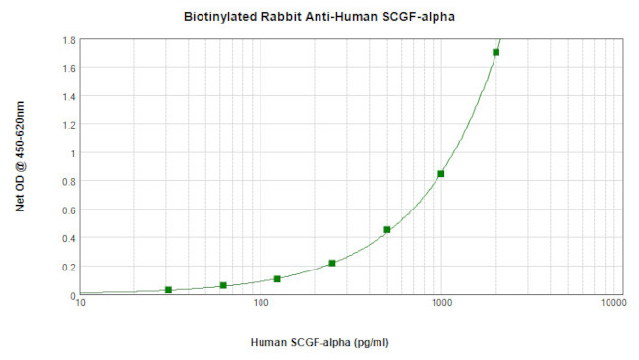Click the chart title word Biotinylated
click(x=219, y=17)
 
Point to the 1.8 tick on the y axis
click(x=70, y=40)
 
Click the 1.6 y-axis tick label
click(x=70, y=68)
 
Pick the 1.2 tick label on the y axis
click(x=70, y=125)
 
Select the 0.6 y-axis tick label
click(x=70, y=210)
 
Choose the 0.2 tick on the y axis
click(x=70, y=267)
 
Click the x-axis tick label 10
click(x=81, y=305)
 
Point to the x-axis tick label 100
click(x=261, y=305)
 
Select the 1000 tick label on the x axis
click(x=440, y=305)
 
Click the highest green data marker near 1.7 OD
click(x=495, y=52)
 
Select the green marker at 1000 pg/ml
click(x=441, y=174)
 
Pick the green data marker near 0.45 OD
click(x=387, y=230)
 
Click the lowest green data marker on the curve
click(x=169, y=290)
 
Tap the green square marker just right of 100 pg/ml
click(x=277, y=279)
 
